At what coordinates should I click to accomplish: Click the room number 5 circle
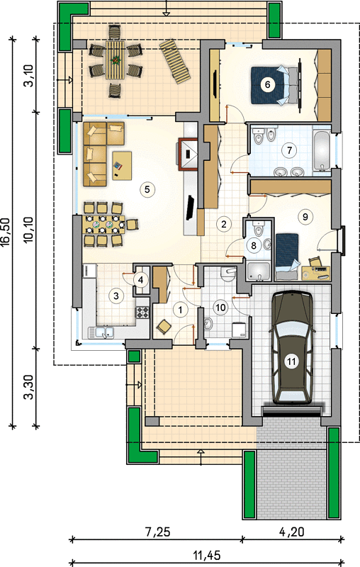[x=147, y=189]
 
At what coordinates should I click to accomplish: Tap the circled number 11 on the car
[x=291, y=361]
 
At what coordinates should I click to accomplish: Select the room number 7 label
[x=289, y=150]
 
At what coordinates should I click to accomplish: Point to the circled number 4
[x=141, y=279]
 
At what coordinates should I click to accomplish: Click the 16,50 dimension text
[x=6, y=232]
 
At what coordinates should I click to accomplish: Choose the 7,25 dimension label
[x=157, y=532]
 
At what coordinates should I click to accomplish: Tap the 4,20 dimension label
[x=292, y=532]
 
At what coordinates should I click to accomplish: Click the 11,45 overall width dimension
[x=207, y=555]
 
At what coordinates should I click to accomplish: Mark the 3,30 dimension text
[x=29, y=386]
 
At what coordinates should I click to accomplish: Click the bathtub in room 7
[x=321, y=150]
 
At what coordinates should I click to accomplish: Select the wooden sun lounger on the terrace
[x=175, y=62]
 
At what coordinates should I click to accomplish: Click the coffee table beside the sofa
[x=122, y=166]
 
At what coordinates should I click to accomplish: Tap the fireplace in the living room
[x=188, y=153]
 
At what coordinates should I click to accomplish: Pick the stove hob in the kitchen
[x=142, y=312]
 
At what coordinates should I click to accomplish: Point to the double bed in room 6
[x=275, y=85]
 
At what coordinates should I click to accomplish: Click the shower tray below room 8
[x=258, y=271]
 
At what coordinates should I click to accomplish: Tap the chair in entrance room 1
[x=164, y=327]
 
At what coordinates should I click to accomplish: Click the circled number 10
[x=220, y=308]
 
